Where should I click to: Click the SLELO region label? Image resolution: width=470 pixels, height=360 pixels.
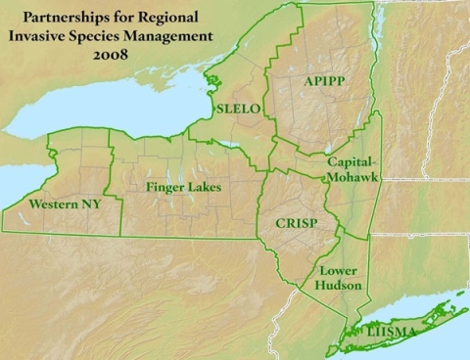(237, 110)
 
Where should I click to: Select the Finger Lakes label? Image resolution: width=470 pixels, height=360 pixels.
(183, 186)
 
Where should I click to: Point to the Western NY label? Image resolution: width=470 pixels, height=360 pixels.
(64, 205)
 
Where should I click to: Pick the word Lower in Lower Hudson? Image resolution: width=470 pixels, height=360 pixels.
(337, 270)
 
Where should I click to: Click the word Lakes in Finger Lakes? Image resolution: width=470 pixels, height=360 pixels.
(206, 186)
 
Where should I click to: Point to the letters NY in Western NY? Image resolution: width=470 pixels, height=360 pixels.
(89, 205)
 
